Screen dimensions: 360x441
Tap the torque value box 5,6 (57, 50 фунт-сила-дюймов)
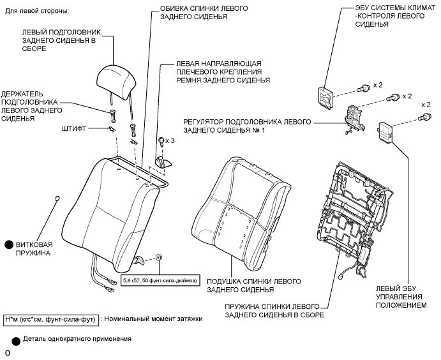pyautogui.click(x=160, y=280)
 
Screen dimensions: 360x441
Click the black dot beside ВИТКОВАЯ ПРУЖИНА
pyautogui.click(x=10, y=244)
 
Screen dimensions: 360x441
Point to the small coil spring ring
pyautogui.click(x=57, y=199)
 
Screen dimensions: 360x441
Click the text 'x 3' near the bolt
pyautogui.click(x=170, y=140)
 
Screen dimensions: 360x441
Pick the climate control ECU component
pyautogui.click(x=325, y=96)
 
